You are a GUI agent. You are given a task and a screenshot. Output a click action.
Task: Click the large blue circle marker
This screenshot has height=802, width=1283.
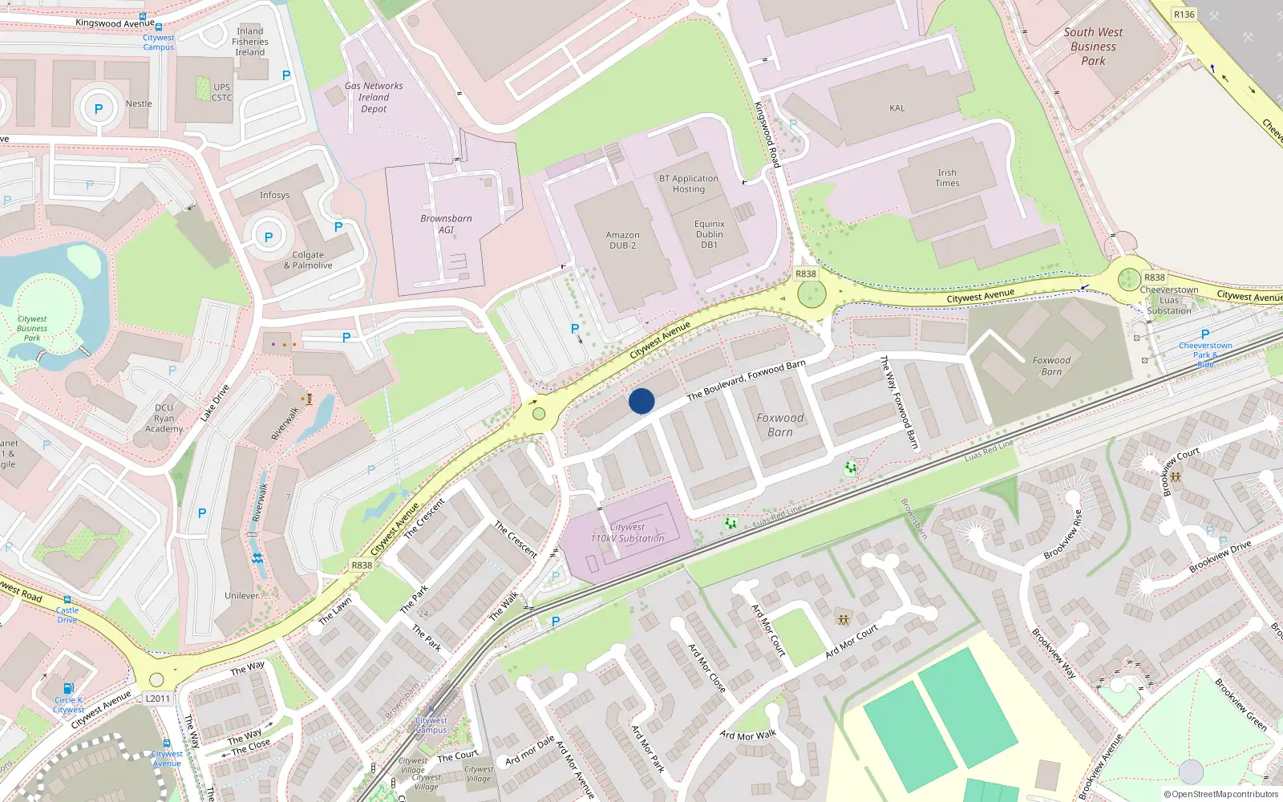coord(641,401)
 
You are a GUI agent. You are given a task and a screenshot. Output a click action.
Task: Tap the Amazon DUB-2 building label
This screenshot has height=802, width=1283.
coord(622,240)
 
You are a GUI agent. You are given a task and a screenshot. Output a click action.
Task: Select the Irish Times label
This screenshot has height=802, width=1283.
coord(947,178)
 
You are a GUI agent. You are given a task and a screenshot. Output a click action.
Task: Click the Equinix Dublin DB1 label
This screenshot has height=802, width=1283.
coord(709,234)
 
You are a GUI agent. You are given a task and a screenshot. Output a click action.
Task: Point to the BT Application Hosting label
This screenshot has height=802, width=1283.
coord(688,184)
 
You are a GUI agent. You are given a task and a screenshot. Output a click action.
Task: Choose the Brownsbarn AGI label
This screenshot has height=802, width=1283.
coord(446,224)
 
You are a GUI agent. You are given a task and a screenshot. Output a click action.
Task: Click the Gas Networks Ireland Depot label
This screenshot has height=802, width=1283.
coord(374,97)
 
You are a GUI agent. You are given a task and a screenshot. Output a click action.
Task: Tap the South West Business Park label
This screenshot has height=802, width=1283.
coord(1093,47)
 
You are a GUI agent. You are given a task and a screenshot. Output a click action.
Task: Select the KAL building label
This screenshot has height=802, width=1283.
coord(896,108)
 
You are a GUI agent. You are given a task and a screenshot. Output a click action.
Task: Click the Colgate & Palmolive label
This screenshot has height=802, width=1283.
coord(308,260)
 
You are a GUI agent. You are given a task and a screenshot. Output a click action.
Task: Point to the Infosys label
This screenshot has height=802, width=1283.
coord(274,195)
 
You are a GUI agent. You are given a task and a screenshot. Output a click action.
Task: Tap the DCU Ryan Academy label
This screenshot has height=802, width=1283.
coord(164,418)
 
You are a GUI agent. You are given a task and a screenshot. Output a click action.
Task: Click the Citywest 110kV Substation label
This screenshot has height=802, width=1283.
coord(627,533)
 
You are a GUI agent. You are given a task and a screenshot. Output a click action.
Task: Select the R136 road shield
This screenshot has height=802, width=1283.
coord(1184,14)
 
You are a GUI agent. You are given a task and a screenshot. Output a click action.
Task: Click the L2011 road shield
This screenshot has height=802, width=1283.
coord(158,699)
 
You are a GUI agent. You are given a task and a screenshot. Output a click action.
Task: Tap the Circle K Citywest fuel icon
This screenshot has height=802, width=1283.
coord(69,688)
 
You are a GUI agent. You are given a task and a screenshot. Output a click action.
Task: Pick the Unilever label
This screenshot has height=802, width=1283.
coord(241,596)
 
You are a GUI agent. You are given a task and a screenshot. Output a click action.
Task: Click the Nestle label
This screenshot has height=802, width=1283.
coord(139,103)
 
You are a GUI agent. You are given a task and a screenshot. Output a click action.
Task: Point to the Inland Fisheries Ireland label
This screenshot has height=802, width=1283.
coord(250,42)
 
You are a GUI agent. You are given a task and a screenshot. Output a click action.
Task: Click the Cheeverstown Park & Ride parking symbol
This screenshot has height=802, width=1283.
coord(1205,334)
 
